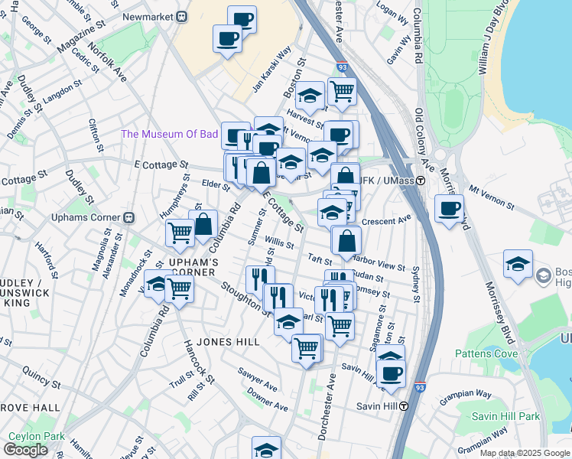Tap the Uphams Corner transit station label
coord(90,216)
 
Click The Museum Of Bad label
coord(169,134)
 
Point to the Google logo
coord(25,450)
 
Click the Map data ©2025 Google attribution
coord(525,453)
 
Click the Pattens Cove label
coord(486,353)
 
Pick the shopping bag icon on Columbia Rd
coord(203,225)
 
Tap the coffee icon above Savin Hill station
coord(392,373)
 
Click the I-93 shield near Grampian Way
coord(421,389)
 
